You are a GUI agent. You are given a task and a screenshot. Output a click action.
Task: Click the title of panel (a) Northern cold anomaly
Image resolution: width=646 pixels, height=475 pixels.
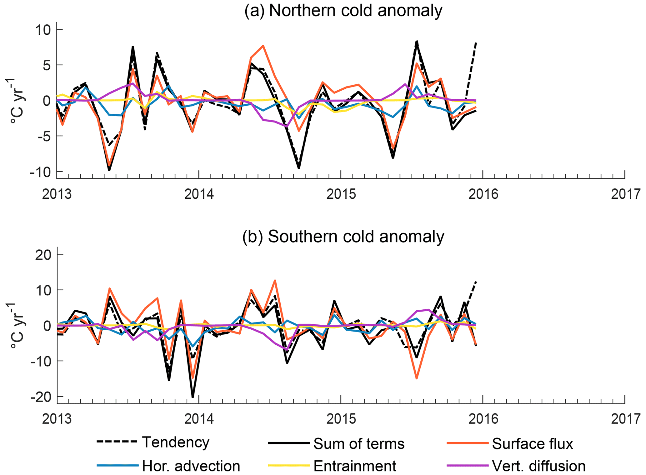(343, 11)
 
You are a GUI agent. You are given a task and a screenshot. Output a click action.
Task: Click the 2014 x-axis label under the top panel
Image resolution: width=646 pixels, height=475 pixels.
(199, 194)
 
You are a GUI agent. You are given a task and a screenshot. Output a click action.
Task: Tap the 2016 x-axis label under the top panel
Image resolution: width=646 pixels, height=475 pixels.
(483, 194)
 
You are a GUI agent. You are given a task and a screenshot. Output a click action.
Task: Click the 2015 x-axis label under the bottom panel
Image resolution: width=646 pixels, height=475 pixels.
(341, 419)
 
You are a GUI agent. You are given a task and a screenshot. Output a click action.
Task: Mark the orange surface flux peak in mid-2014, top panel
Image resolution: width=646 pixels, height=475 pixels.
(263, 46)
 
